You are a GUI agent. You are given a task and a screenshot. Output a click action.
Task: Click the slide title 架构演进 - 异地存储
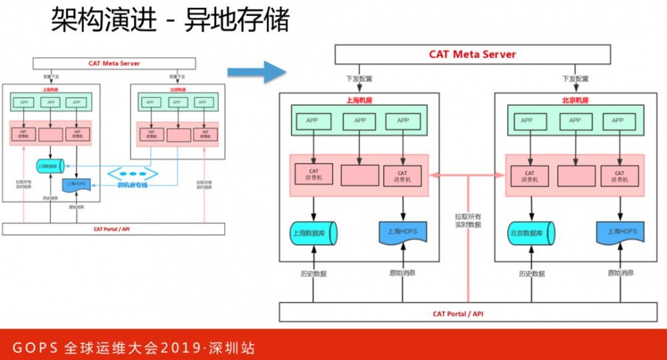click(171, 21)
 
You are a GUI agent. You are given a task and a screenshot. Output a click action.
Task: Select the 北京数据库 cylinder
click(530, 233)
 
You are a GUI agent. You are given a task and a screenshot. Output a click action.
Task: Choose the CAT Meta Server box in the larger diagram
click(472, 55)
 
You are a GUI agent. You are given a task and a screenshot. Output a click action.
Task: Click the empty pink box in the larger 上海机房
click(360, 175)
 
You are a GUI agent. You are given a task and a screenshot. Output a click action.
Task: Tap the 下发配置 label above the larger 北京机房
click(575, 79)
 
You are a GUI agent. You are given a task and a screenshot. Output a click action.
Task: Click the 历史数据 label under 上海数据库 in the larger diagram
click(313, 273)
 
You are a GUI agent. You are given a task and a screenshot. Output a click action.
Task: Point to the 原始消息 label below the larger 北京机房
click(620, 273)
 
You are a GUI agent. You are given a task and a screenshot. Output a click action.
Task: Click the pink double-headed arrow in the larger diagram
click(467, 175)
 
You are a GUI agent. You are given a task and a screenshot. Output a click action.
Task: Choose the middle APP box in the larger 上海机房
click(360, 121)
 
